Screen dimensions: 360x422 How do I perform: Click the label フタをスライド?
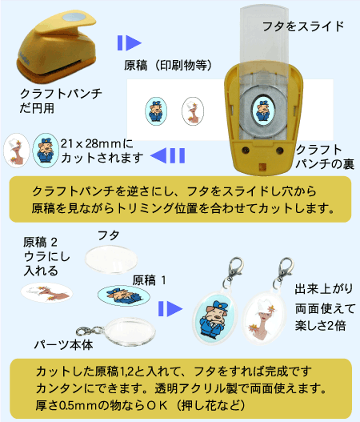tap(303, 26)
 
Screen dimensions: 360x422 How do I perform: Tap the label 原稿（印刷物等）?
tap(168, 65)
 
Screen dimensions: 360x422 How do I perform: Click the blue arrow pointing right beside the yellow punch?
tap(130, 42)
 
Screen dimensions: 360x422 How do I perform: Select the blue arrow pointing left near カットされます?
tap(167, 155)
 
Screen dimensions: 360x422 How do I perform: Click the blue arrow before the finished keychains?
tap(170, 308)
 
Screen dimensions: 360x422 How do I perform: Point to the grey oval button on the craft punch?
tap(74, 18)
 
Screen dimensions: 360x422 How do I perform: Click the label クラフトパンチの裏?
tap(325, 156)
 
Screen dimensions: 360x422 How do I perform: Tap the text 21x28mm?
tap(90, 143)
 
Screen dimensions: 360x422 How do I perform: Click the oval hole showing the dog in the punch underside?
tap(263, 110)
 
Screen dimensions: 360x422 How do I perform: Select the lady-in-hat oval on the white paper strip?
tap(193, 111)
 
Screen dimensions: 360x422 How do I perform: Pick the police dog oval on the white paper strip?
tap(156, 111)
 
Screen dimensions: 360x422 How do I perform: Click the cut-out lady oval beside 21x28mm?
tap(17, 151)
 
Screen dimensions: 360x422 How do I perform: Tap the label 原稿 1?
tap(149, 280)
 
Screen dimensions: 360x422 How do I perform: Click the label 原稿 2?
tap(40, 242)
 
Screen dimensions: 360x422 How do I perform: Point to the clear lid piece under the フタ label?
tap(111, 259)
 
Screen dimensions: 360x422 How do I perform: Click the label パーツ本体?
tap(63, 345)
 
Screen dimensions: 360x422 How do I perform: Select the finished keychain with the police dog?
tap(215, 311)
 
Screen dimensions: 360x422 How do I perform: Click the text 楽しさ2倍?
tap(320, 326)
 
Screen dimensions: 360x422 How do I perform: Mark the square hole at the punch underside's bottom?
tap(262, 167)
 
